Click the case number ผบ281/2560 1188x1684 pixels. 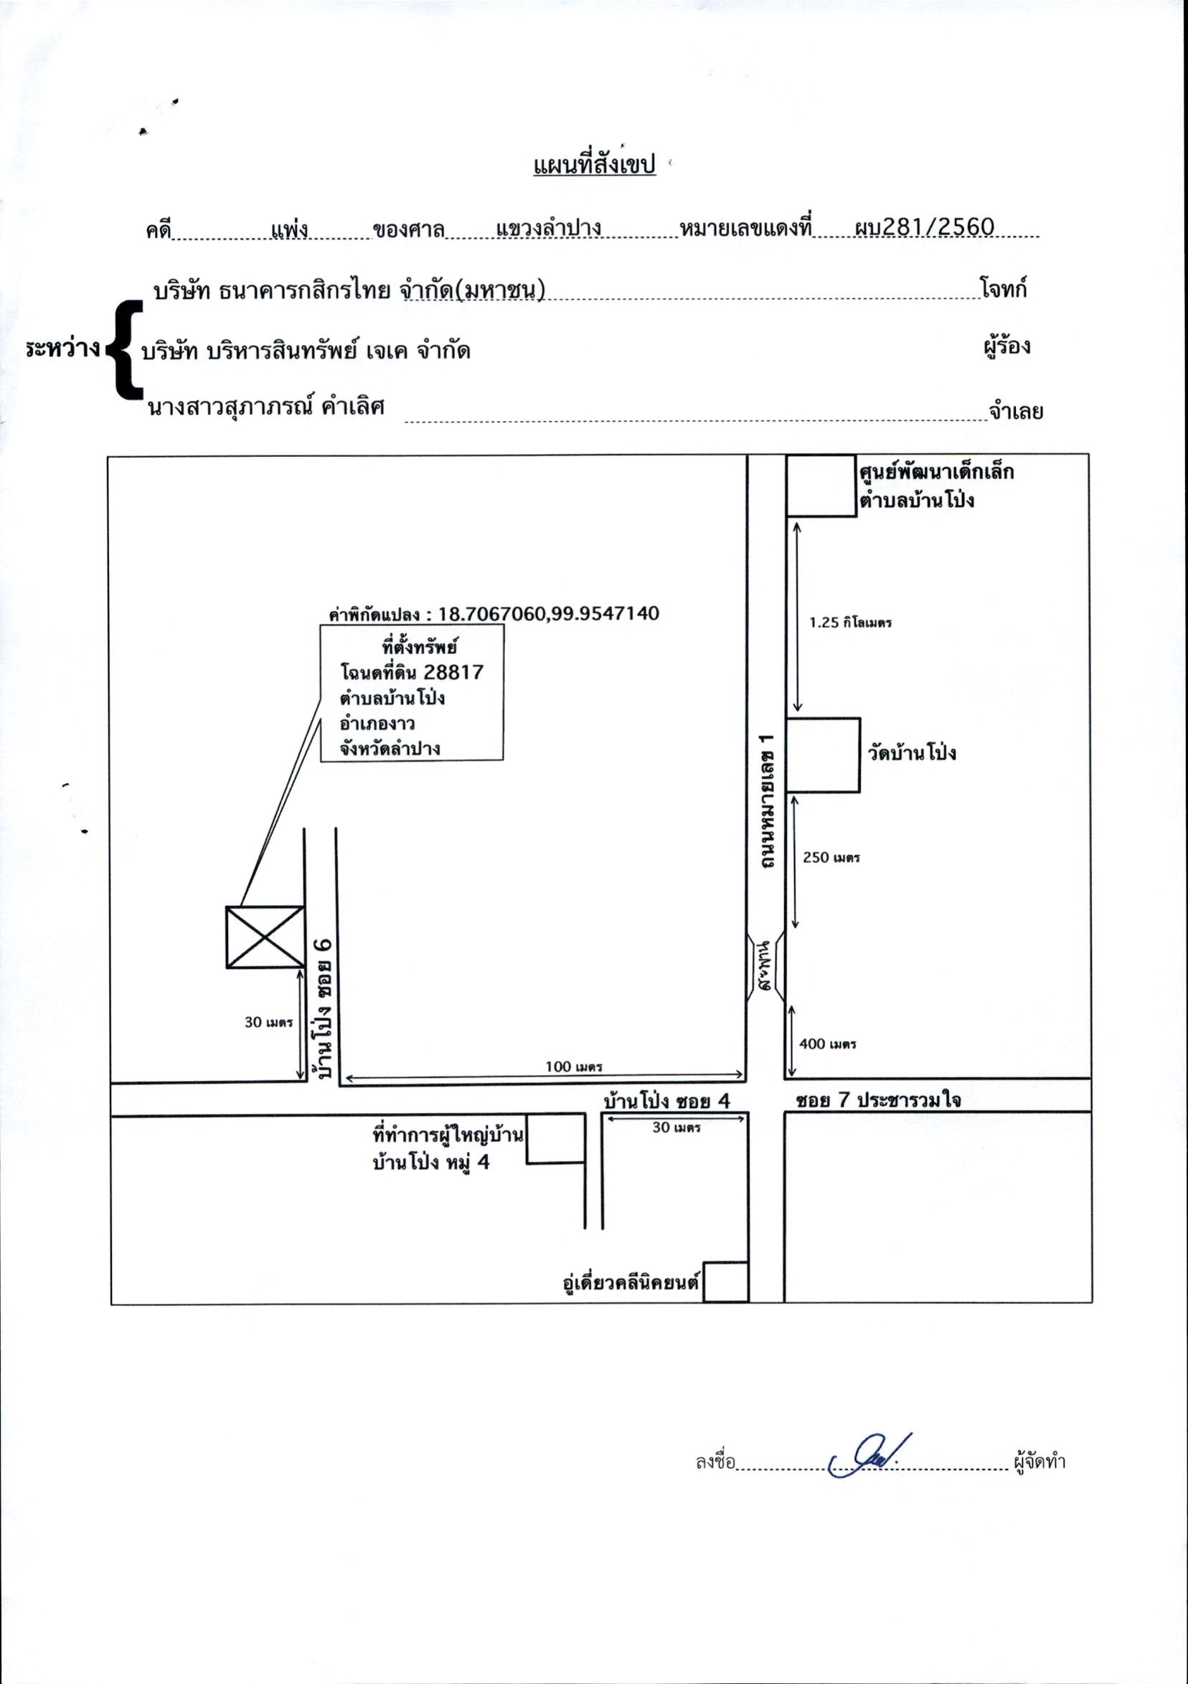click(925, 227)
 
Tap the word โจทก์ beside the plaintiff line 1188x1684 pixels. click(1003, 288)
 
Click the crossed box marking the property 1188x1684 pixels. click(265, 937)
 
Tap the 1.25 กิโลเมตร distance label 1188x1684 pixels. click(850, 623)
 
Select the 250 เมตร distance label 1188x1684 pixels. click(831, 856)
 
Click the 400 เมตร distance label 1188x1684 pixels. click(828, 1044)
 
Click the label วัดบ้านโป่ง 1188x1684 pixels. click(912, 753)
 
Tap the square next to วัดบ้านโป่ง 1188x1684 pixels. click(823, 755)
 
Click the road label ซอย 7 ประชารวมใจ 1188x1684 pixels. click(878, 1100)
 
